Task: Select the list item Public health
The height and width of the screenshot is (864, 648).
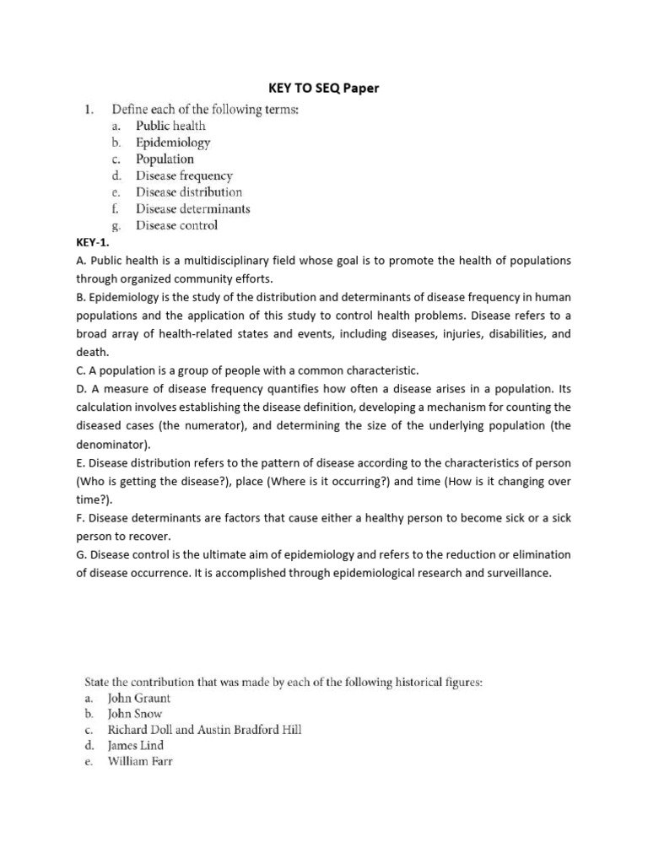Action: click(170, 126)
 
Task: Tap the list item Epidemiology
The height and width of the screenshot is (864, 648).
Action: click(173, 143)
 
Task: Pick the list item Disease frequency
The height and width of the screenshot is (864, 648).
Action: click(184, 175)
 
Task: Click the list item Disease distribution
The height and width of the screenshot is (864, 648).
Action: click(189, 192)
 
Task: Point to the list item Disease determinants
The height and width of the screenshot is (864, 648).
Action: click(193, 208)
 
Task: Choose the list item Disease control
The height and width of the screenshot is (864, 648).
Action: click(176, 225)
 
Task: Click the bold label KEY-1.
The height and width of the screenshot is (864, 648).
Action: click(93, 241)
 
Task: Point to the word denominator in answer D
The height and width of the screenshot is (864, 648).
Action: click(111, 444)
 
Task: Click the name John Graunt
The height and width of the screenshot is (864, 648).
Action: click(139, 699)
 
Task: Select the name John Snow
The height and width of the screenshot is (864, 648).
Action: click(135, 714)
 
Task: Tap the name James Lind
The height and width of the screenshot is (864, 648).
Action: click(136, 746)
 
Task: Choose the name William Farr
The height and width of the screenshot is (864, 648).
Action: click(140, 762)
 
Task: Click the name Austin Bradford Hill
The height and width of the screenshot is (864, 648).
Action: click(246, 730)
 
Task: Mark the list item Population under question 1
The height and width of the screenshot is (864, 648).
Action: click(165, 159)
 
